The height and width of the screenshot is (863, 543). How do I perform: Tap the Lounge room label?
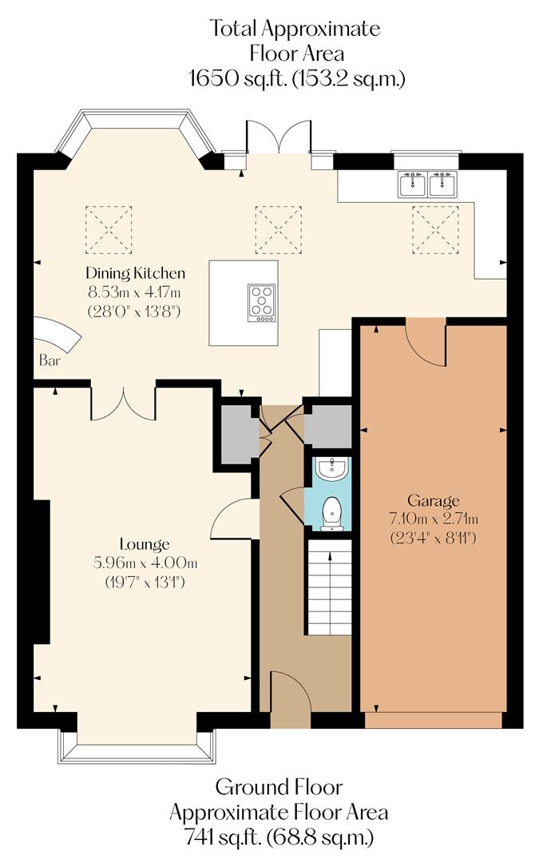(x=145, y=546)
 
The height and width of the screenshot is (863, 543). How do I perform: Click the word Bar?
(x=49, y=360)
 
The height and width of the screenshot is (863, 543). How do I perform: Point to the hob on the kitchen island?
(x=262, y=302)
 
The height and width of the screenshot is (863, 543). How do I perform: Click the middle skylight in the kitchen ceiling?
(x=279, y=228)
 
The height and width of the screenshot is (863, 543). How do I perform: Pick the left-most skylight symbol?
(x=109, y=228)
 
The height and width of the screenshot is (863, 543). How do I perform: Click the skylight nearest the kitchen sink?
(x=436, y=228)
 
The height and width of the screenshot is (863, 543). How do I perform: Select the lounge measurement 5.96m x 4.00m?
(x=145, y=564)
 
